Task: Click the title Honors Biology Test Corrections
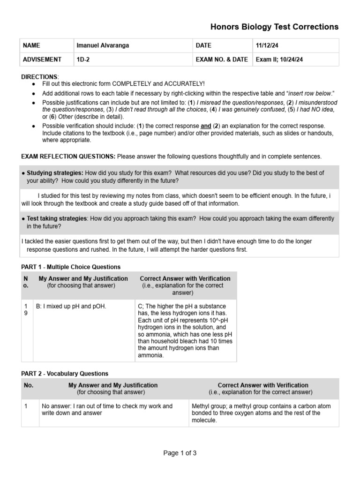click(x=274, y=27)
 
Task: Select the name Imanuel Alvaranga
click(x=102, y=45)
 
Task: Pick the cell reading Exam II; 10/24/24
click(x=279, y=60)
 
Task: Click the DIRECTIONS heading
click(x=39, y=76)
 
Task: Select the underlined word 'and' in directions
click(x=206, y=126)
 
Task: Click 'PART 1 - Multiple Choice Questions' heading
click(x=71, y=267)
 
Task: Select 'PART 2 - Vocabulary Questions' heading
click(x=65, y=374)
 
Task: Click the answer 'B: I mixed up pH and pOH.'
click(x=71, y=307)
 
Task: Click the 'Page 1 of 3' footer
click(x=180, y=453)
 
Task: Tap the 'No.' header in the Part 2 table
click(x=29, y=385)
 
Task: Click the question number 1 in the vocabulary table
click(x=26, y=406)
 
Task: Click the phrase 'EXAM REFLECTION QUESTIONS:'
click(x=68, y=156)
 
